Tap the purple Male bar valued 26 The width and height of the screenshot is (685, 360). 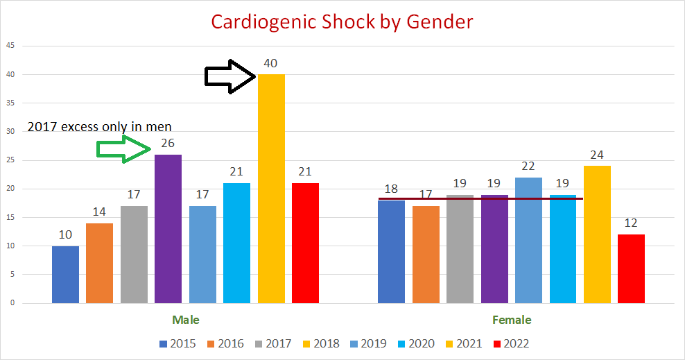(x=168, y=229)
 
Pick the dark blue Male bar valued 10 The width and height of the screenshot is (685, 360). (x=65, y=275)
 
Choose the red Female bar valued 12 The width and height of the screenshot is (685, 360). (x=631, y=269)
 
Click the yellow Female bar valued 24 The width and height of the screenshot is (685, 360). (x=597, y=234)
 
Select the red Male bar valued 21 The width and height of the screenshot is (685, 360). (x=305, y=243)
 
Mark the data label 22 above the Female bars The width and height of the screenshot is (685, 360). (x=528, y=166)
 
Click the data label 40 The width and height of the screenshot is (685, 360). (x=270, y=63)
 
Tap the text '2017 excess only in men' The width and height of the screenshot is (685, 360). (x=100, y=126)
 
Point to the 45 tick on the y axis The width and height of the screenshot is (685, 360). (x=10, y=46)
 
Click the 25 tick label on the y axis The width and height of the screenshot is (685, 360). (x=10, y=160)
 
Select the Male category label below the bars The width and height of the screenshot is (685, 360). (x=186, y=320)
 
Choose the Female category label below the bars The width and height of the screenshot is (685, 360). (x=512, y=320)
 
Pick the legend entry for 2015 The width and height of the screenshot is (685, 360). (x=178, y=343)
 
